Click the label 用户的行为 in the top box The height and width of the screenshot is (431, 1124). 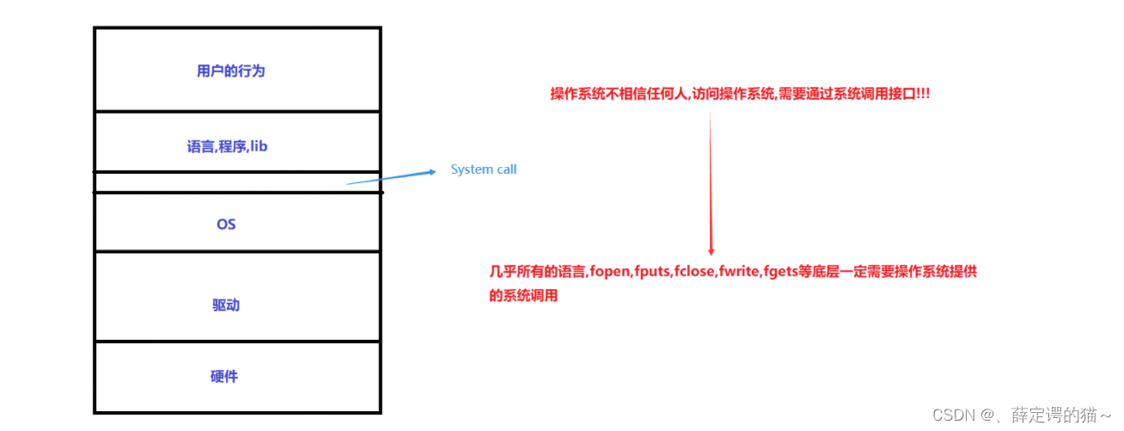pyautogui.click(x=231, y=71)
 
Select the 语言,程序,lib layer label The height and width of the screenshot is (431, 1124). pyautogui.click(x=227, y=146)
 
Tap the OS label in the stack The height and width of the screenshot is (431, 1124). pyautogui.click(x=226, y=225)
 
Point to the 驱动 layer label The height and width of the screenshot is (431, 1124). pyautogui.click(x=226, y=305)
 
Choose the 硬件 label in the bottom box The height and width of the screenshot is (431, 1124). pyautogui.click(x=224, y=377)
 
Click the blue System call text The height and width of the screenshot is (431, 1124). pyautogui.click(x=484, y=169)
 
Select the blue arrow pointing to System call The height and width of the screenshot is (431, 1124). pyautogui.click(x=392, y=177)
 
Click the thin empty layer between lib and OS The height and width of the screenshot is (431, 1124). pyautogui.click(x=236, y=182)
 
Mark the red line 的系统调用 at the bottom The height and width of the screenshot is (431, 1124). pyautogui.click(x=523, y=296)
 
